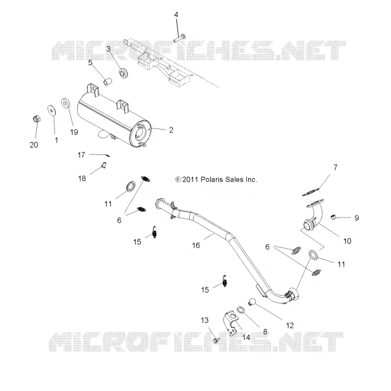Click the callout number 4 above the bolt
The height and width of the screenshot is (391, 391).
coord(176,15)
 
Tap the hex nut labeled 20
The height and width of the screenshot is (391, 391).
coord(37,119)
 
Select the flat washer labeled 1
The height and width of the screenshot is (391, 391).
coord(51,110)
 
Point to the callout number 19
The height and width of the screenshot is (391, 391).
coord(74,132)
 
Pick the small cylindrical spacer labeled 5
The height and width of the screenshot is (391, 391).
coord(108,81)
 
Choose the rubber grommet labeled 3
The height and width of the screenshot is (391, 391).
coord(124,72)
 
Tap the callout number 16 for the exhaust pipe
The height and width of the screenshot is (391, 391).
coord(196,245)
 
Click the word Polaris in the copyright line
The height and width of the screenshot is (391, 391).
coord(211,179)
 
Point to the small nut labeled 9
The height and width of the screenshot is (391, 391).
coord(333,217)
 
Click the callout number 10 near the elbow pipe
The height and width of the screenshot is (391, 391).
coord(347,241)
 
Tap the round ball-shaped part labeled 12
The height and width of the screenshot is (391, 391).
coord(253,301)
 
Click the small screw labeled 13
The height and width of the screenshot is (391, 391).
coord(216,340)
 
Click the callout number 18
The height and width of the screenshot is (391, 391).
coord(82,178)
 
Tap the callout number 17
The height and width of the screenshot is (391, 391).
coord(81,155)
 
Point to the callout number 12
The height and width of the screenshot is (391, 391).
coord(290,326)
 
